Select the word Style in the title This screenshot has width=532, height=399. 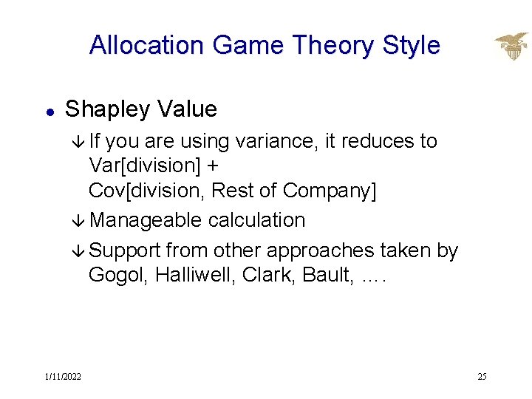click(x=411, y=46)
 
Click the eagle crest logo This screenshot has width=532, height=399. click(x=511, y=47)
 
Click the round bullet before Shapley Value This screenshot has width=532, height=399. click(x=48, y=111)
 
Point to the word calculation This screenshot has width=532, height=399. click(x=256, y=220)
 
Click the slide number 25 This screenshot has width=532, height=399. click(x=482, y=377)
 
